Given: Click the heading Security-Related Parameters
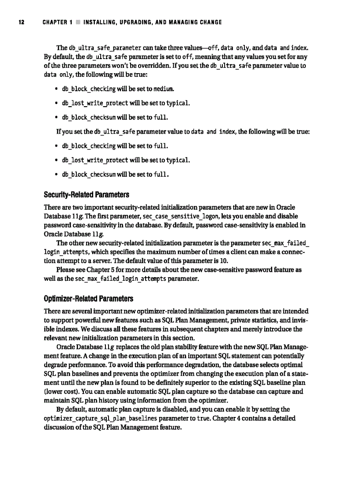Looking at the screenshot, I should [x=86, y=195].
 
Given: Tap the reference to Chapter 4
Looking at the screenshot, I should [x=239, y=418].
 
